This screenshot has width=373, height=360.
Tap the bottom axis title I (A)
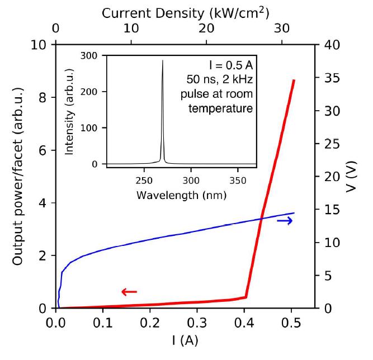pyautogui.click(x=185, y=340)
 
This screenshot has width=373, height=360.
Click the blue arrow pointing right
pyautogui.click(x=285, y=221)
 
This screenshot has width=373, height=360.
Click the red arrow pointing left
pyautogui.click(x=129, y=291)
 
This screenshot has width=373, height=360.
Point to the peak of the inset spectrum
pyautogui.click(x=163, y=60)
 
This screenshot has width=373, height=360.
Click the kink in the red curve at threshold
pyautogui.click(x=245, y=297)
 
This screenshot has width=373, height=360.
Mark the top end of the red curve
pyautogui.click(x=294, y=80)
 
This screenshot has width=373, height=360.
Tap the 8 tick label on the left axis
pyautogui.click(x=43, y=97)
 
